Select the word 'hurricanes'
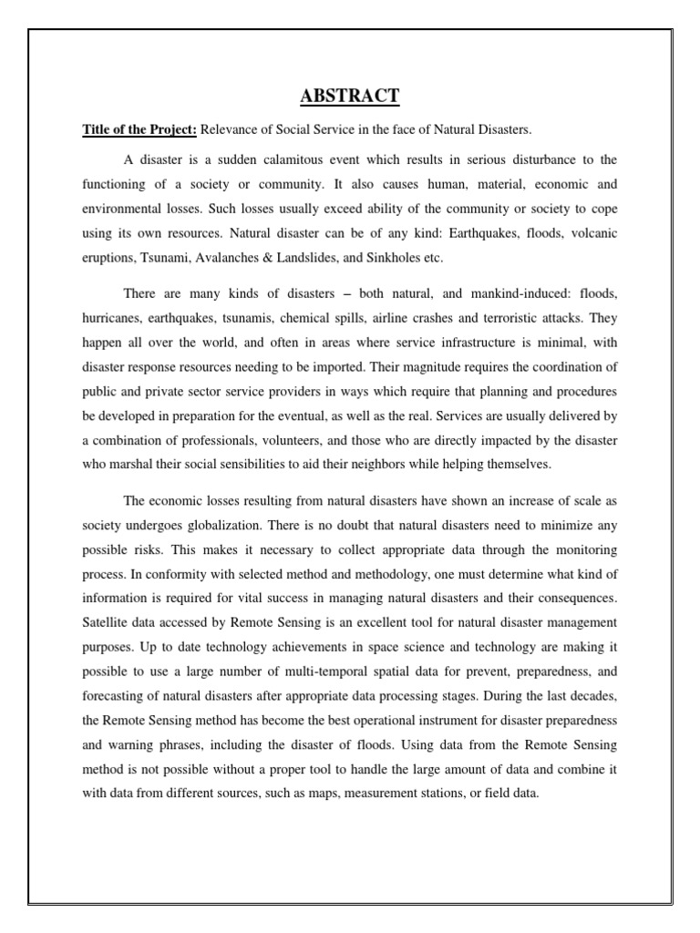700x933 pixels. [112, 320]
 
